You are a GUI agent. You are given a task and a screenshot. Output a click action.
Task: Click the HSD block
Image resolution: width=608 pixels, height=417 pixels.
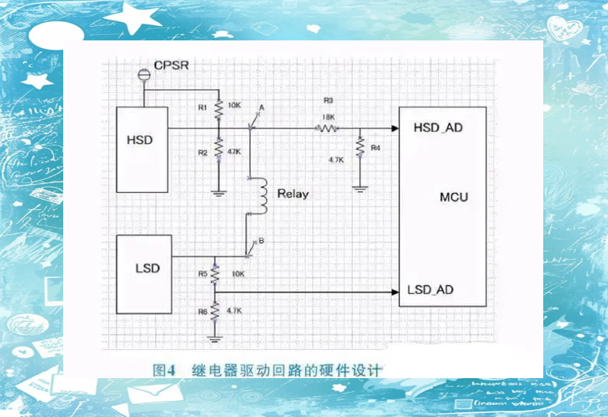[142, 149]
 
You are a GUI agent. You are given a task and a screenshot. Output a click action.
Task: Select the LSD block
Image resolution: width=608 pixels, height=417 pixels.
[143, 274]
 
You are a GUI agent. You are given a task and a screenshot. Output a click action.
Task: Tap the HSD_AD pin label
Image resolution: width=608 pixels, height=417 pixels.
[437, 127]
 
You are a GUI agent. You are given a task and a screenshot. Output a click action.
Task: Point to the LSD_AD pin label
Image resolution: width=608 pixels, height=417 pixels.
[431, 290]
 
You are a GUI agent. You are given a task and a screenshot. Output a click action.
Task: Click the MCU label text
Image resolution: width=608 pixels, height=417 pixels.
[454, 197]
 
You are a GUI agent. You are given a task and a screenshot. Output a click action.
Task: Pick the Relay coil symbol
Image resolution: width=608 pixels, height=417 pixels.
[262, 195]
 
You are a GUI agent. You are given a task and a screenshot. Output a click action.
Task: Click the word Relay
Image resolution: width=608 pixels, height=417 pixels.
[293, 194]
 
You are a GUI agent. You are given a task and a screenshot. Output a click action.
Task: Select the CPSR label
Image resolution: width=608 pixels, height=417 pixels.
[171, 66]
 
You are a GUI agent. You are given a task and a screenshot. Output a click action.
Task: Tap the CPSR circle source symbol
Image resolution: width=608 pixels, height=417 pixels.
[141, 74]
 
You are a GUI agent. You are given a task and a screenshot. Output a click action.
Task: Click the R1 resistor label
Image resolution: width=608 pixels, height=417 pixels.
[203, 107]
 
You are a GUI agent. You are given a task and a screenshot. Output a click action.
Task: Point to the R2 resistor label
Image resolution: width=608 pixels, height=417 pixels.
[203, 152]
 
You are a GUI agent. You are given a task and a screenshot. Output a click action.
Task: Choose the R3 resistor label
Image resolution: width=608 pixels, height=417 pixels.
[328, 100]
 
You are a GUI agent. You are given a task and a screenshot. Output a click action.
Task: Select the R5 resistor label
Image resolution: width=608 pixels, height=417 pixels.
[203, 272]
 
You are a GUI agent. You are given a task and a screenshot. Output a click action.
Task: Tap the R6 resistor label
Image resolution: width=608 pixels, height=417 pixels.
[203, 311]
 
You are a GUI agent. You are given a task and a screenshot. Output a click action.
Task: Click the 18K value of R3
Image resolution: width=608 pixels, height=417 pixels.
[329, 117]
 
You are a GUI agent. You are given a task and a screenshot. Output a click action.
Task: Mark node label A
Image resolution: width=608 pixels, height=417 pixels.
[261, 108]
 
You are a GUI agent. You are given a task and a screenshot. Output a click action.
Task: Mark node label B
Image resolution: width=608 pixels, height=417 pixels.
[261, 241]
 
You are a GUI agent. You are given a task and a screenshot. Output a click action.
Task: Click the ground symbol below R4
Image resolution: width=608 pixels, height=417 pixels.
[360, 188]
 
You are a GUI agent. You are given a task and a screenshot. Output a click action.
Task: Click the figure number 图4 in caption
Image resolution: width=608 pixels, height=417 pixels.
[164, 370]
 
